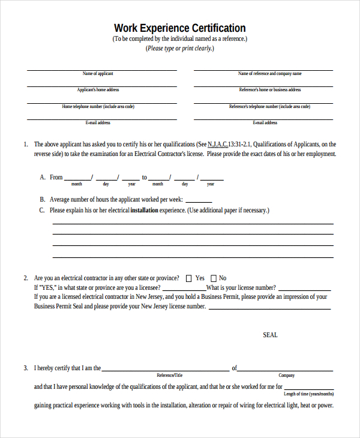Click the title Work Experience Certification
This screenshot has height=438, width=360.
point(179,28)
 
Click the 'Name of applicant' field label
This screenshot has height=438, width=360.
point(98,74)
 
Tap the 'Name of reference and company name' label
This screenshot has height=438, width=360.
point(269,74)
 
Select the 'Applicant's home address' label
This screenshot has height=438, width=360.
point(98,90)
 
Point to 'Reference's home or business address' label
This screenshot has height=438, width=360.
point(269,90)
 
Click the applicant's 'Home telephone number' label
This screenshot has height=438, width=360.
point(98,106)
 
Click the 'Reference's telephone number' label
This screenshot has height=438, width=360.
point(269,106)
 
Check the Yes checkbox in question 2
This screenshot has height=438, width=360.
point(189,278)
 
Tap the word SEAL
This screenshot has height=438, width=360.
point(270,335)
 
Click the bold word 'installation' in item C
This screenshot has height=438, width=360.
point(144,211)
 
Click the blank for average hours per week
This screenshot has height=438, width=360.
point(199,200)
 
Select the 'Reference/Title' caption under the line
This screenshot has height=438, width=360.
point(169,375)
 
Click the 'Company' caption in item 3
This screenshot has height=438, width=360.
point(286,375)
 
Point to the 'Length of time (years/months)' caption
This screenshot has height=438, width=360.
point(308,394)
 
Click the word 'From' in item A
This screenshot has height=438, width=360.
point(56,178)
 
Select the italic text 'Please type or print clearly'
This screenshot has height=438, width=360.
point(179,49)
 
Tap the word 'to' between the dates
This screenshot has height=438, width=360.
point(144,178)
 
